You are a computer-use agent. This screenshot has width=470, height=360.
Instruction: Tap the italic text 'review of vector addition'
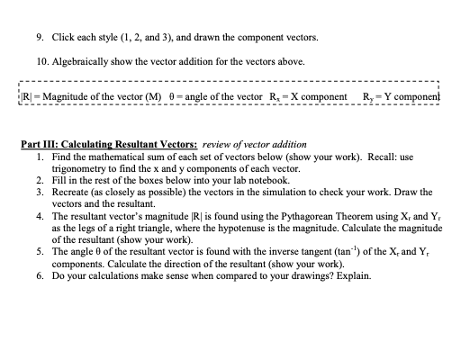255,144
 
